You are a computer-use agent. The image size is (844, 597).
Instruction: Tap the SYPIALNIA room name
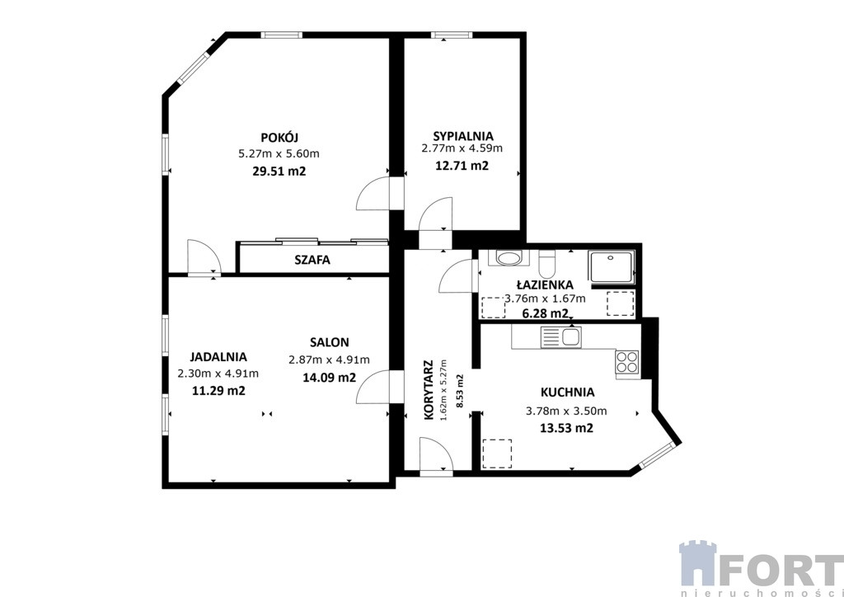tap(463, 136)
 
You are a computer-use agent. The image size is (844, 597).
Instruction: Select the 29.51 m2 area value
tap(279, 172)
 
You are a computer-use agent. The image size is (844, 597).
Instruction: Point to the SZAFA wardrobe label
tap(312, 260)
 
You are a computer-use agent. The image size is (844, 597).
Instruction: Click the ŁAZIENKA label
tap(545, 284)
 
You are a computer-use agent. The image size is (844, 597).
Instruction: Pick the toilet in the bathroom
tap(547, 264)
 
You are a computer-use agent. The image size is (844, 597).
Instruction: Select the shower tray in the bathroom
tap(612, 266)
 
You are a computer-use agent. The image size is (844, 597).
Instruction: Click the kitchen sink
tap(561, 337)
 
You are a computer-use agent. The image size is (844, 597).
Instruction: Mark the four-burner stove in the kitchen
tap(627, 362)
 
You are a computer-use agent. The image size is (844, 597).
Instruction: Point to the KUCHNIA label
tap(567, 393)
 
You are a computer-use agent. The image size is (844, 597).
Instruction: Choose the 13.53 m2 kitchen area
tap(566, 429)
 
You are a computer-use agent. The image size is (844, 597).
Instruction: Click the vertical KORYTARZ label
tap(429, 390)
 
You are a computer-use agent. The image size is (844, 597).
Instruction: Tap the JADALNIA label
tap(218, 356)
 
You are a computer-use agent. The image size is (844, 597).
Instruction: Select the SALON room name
tap(330, 342)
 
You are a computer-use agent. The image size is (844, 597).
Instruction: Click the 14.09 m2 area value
tap(330, 378)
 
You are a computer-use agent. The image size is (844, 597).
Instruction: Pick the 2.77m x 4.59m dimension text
tap(462, 148)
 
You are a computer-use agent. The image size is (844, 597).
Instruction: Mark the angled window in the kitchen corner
tap(656, 455)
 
